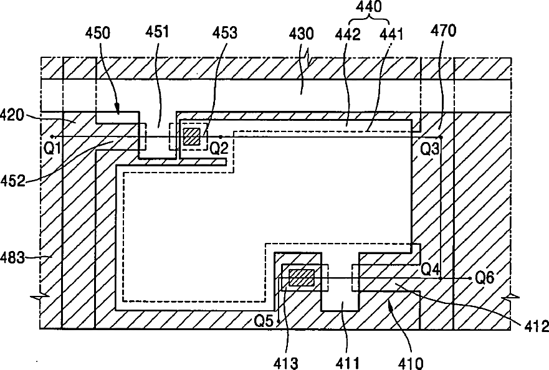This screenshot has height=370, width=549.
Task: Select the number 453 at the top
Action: [x=224, y=33]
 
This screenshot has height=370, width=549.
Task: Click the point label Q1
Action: [x=53, y=148]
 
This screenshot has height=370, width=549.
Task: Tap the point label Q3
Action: [x=430, y=149]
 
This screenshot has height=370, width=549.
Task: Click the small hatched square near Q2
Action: [x=191, y=136]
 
